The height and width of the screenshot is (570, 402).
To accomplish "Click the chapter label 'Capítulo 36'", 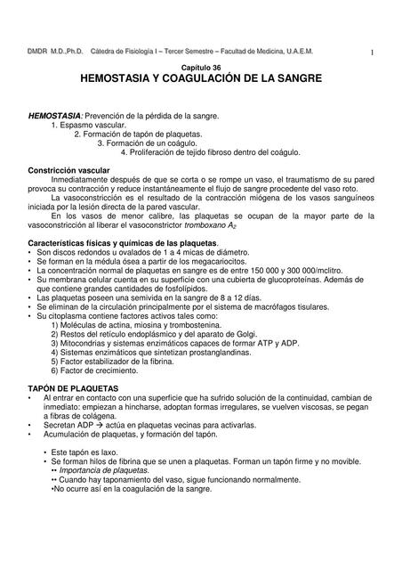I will click(202, 69).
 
